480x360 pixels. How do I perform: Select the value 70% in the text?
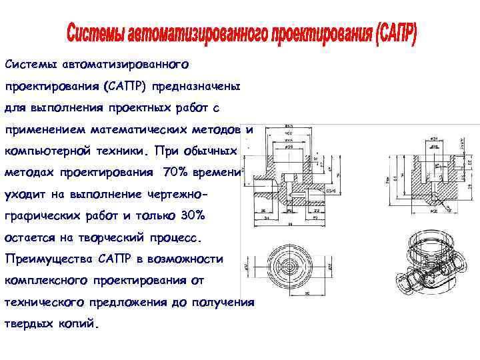(175, 172)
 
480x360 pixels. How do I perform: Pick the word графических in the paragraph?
(43, 215)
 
